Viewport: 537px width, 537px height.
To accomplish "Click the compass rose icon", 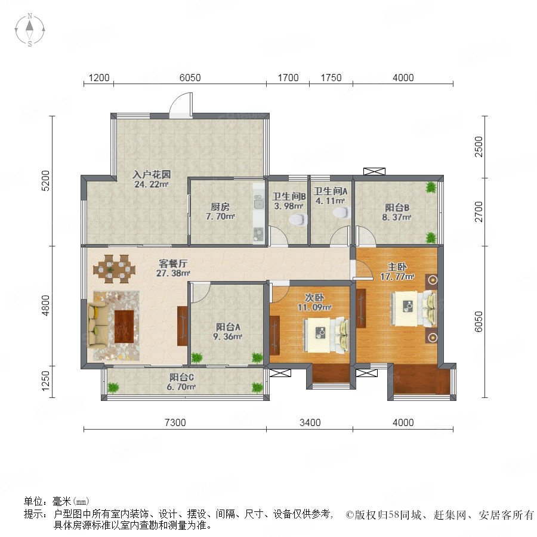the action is tap(30, 30).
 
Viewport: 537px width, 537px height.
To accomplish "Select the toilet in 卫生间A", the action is tap(341, 212).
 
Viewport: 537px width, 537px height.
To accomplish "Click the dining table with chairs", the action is tap(114, 269).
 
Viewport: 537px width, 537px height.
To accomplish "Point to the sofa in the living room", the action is tap(97, 325).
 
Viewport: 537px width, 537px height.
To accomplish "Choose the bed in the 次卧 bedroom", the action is tap(326, 335).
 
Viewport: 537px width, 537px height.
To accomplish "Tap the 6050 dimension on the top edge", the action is tap(190, 78).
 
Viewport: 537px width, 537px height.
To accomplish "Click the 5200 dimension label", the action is tap(45, 180).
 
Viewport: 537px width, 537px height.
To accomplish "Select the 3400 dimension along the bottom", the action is tap(310, 422).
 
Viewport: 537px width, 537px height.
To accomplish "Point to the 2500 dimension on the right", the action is tap(479, 147).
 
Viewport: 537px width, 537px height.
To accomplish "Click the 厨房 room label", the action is tap(220, 206).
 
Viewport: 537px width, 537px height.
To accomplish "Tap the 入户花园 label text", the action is tap(152, 174).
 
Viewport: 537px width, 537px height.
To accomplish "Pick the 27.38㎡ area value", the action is tap(173, 273).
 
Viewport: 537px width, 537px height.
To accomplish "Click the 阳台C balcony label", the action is tap(181, 377).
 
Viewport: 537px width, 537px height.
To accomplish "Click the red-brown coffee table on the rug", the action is tap(124, 326).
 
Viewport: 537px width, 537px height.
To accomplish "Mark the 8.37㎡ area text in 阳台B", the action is tap(397, 217).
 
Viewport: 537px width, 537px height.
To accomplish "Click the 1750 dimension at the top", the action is tap(331, 78).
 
